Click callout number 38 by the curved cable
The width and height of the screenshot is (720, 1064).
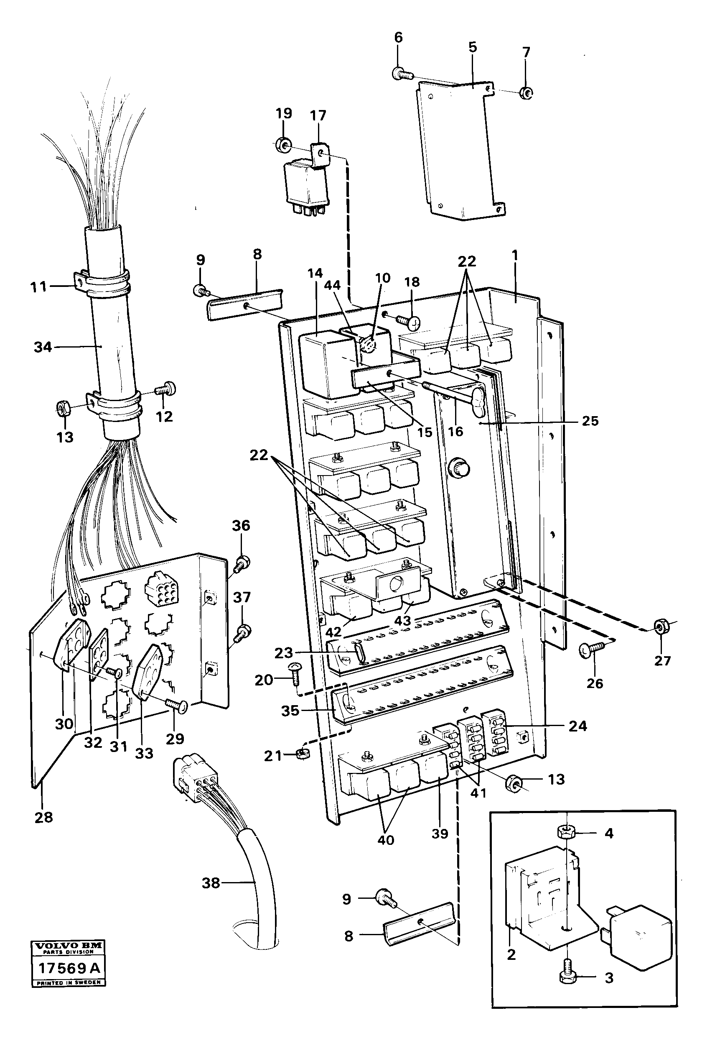tap(211, 883)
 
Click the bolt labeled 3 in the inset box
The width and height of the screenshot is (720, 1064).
tap(566, 976)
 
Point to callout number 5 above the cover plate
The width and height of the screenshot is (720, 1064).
tap(473, 47)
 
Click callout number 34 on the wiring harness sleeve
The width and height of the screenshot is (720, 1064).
tap(43, 347)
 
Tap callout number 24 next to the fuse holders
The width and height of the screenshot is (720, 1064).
tap(577, 726)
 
